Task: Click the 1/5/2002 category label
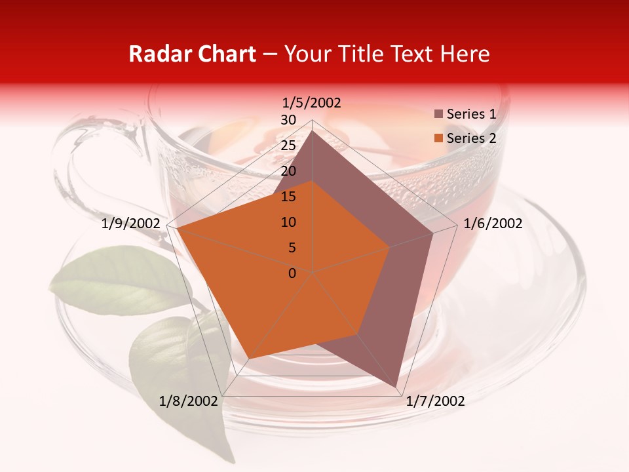pyautogui.click(x=311, y=102)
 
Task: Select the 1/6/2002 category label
pyautogui.click(x=493, y=224)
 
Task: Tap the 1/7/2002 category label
pyautogui.click(x=435, y=401)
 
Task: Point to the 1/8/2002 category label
pyautogui.click(x=188, y=401)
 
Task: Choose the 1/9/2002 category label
pyautogui.click(x=131, y=224)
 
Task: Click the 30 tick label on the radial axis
pyautogui.click(x=288, y=120)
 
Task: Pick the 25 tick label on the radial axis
pyautogui.click(x=288, y=146)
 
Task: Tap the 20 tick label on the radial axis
pyautogui.click(x=288, y=171)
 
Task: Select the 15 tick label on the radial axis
pyautogui.click(x=288, y=197)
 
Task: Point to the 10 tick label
pyautogui.click(x=288, y=222)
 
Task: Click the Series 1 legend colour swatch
pyautogui.click(x=438, y=114)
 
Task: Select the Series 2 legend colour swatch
pyautogui.click(x=438, y=138)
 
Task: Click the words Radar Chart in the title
pyautogui.click(x=192, y=54)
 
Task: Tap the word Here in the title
pyautogui.click(x=465, y=54)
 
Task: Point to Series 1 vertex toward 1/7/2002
pyautogui.click(x=396, y=387)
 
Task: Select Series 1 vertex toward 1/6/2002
pyautogui.click(x=433, y=233)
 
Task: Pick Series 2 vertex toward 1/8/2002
pyautogui.click(x=248, y=359)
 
